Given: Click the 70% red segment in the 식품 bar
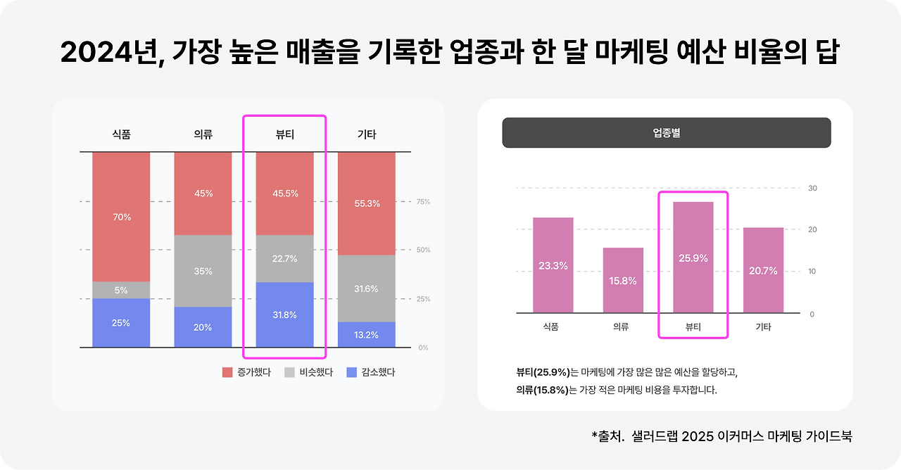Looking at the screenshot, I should click(121, 217).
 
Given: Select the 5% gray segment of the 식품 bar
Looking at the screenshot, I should click(121, 290).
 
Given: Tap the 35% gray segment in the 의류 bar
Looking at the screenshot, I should click(203, 271).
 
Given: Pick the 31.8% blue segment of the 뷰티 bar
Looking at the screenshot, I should click(284, 315).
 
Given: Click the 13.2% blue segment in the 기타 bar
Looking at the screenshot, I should click(366, 335).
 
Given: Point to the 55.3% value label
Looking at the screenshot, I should click(366, 203).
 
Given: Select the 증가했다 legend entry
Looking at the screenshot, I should click(246, 372).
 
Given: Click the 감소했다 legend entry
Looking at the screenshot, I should click(371, 372).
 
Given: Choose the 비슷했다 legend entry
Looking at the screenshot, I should click(308, 372).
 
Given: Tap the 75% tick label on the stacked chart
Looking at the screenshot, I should click(423, 202).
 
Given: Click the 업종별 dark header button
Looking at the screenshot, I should click(666, 132).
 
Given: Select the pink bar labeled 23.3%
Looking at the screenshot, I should click(553, 265).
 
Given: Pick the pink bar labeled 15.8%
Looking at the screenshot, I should click(623, 280).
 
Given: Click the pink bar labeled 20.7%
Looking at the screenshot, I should click(763, 270).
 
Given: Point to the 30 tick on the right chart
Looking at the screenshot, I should click(812, 189).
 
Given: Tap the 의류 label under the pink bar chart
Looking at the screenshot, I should click(620, 327).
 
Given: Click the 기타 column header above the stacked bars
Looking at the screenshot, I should click(366, 134).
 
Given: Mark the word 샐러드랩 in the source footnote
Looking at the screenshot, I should click(657, 436).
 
